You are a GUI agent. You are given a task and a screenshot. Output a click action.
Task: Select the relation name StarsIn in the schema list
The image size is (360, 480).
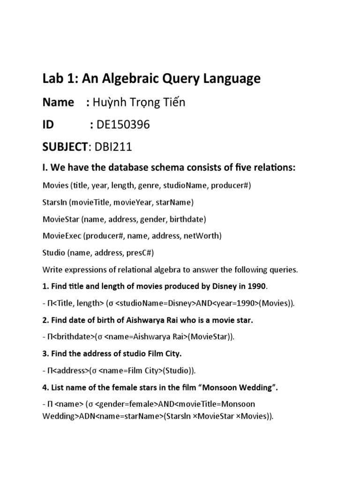(54, 202)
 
